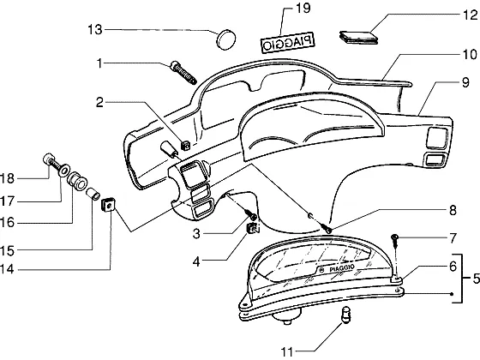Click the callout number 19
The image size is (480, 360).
pyautogui.click(x=303, y=8)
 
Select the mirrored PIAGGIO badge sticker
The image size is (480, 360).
pyautogui.click(x=288, y=43)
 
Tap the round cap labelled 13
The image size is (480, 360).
pyautogui.click(x=226, y=39)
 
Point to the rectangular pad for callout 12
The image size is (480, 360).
pyautogui.click(x=359, y=37)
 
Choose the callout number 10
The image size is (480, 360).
pyautogui.click(x=470, y=55)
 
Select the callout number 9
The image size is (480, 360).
pyautogui.click(x=465, y=82)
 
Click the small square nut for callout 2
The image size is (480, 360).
pyautogui.click(x=185, y=145)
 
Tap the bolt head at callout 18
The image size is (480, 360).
pyautogui.click(x=48, y=159)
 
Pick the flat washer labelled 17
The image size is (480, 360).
pyautogui.click(x=64, y=171)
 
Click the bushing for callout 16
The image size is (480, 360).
pyautogui.click(x=76, y=180)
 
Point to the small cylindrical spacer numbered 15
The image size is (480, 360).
pyautogui.click(x=93, y=194)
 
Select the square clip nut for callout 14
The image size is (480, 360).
pyautogui.click(x=108, y=205)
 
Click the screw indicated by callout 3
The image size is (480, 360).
pyautogui.click(x=253, y=215)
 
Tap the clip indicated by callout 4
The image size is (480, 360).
pyautogui.click(x=253, y=228)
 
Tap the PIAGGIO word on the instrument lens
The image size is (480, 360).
pyautogui.click(x=342, y=268)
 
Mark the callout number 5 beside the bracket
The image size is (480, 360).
pyautogui.click(x=476, y=279)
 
